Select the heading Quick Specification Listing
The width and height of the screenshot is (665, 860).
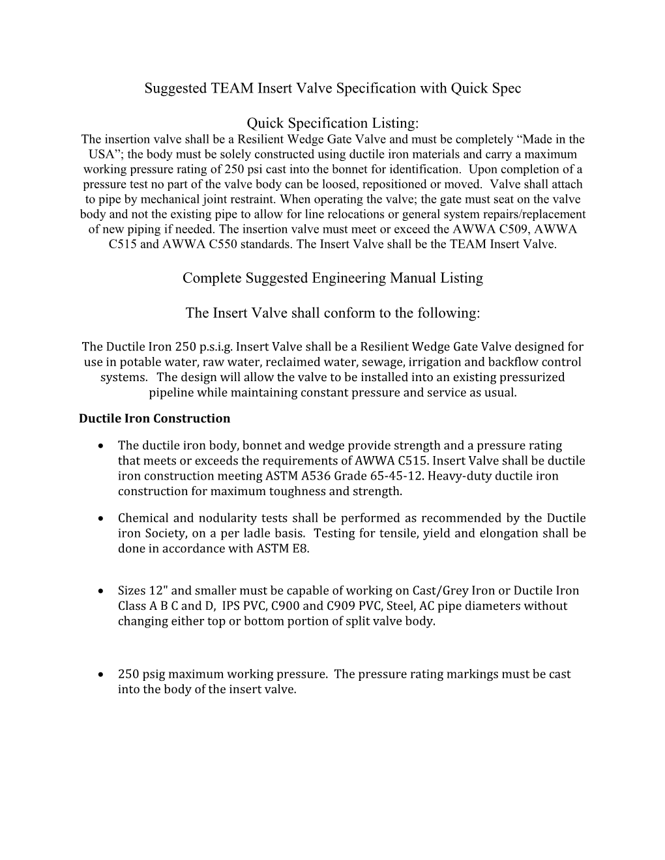tap(332, 123)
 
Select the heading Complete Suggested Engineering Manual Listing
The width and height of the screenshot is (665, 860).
tap(332, 278)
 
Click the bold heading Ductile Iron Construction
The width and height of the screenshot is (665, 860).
tap(155, 418)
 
